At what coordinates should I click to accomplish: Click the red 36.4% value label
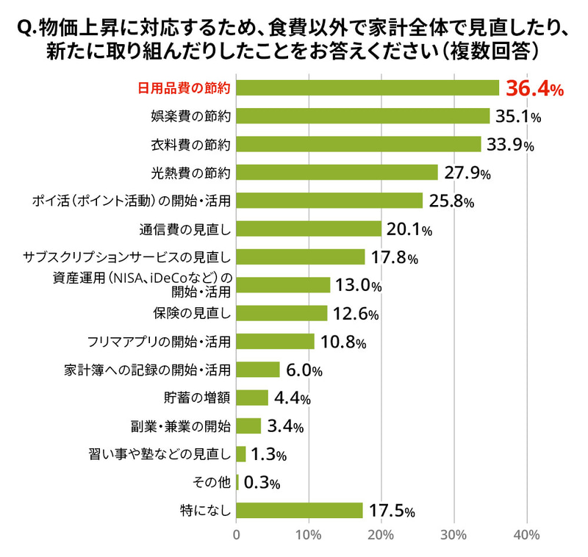tap(534, 90)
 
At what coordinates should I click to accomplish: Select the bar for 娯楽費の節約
tap(363, 116)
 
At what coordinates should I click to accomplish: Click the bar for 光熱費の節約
tap(337, 173)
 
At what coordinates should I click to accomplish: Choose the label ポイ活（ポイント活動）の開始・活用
tap(132, 201)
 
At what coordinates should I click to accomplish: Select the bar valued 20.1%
tap(309, 229)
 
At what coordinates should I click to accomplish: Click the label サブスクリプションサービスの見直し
tap(127, 257)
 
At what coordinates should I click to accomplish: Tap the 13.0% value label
tap(359, 285)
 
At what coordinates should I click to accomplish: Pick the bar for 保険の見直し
tap(282, 314)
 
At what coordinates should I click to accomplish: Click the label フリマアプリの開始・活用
tap(159, 342)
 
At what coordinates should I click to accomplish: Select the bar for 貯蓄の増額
tap(252, 398)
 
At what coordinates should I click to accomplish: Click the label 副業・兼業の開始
tap(180, 426)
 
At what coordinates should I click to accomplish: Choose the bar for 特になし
tap(300, 511)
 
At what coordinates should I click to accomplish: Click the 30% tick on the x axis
tap(453, 535)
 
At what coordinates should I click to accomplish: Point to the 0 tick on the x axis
tap(237, 535)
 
